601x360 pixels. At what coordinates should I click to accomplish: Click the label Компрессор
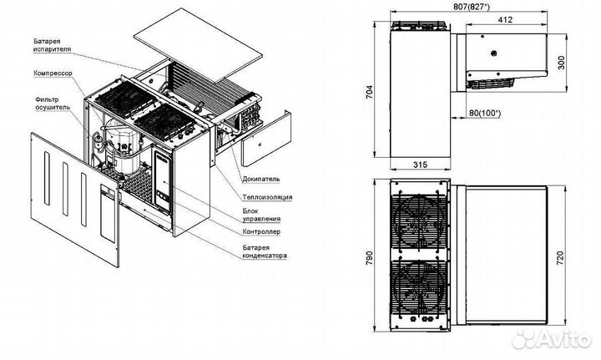53,73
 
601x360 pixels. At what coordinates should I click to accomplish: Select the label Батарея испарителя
52,45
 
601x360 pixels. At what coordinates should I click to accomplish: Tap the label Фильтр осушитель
53,103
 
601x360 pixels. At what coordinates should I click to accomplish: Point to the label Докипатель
261,179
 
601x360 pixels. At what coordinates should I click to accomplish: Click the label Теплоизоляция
267,197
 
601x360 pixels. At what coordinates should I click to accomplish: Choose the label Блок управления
261,215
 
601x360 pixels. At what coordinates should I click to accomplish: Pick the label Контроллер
261,232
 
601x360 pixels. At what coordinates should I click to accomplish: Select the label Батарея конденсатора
265,251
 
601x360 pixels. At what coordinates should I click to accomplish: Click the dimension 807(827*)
472,7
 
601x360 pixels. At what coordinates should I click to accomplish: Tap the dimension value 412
506,19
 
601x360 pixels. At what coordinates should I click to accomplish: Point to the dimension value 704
369,92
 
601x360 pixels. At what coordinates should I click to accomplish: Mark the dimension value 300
562,63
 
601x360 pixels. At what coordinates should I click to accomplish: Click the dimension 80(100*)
485,113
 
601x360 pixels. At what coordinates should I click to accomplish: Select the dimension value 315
420,165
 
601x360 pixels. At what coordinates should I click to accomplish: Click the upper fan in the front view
420,221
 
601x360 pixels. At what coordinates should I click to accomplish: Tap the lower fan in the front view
420,286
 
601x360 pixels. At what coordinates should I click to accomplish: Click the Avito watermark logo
552,338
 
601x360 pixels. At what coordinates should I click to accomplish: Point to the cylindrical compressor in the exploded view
122,146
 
